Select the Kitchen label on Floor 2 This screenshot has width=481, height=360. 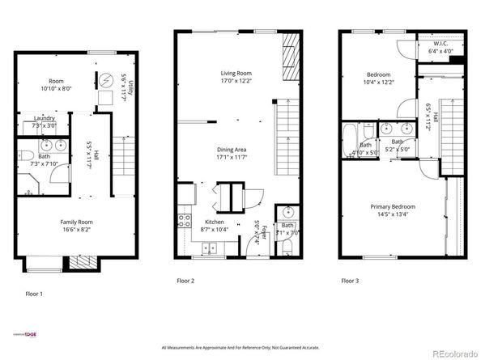(214, 222)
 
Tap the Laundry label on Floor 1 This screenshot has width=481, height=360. (45, 118)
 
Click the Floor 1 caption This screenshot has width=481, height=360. (35, 294)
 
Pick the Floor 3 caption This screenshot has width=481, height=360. (350, 281)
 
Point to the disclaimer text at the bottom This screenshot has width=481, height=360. (240, 348)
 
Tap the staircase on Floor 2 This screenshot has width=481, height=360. (287, 129)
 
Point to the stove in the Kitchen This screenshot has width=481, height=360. (183, 219)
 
